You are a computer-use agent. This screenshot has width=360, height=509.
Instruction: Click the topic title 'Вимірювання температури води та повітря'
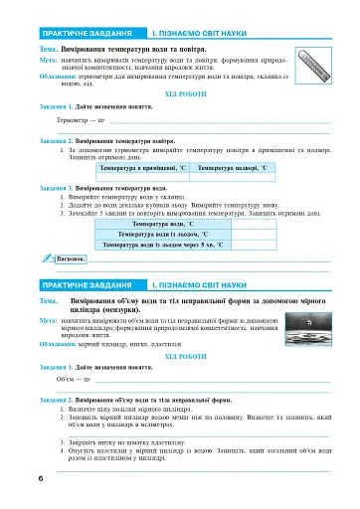click(129, 48)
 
